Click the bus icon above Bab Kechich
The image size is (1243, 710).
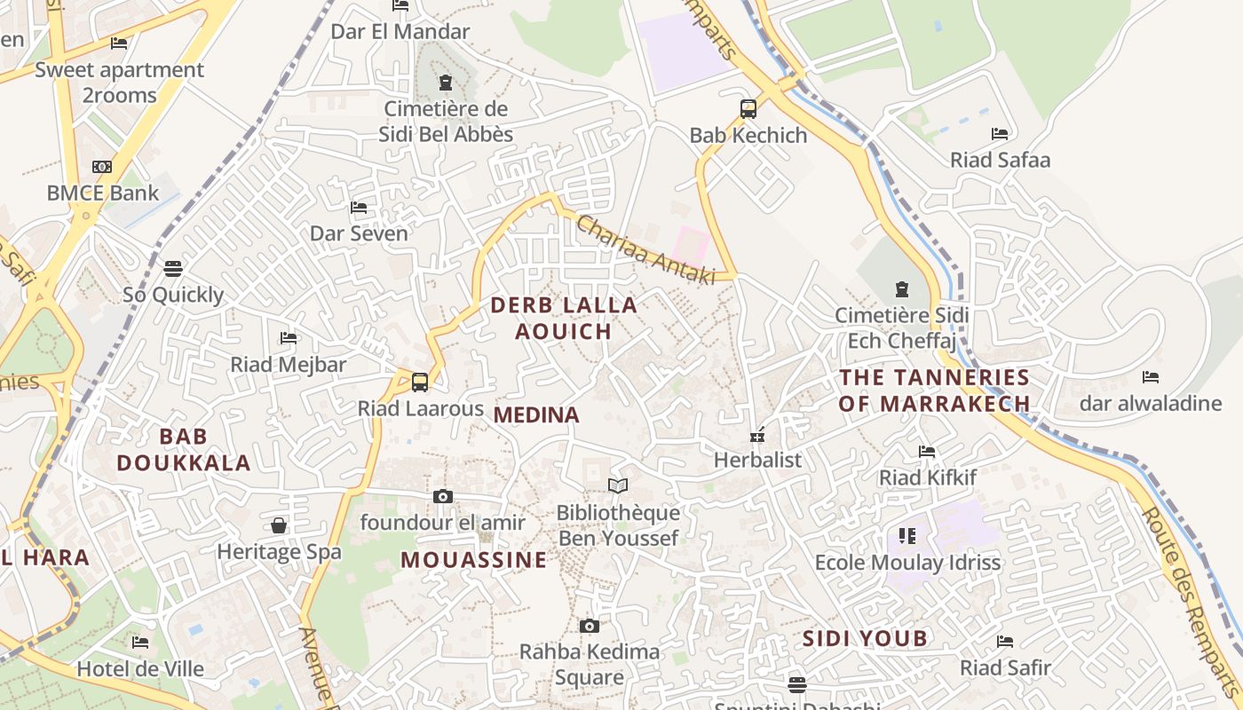748,109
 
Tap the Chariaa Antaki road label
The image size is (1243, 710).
645,250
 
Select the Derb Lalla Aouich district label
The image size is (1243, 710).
564,318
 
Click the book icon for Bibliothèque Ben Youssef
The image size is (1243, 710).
618,485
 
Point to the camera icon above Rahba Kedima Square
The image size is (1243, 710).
590,626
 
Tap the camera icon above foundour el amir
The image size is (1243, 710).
443,496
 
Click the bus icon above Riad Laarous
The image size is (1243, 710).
420,383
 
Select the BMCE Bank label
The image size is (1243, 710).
103,193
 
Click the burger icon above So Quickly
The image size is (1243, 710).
173,267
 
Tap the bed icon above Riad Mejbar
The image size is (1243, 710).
289,337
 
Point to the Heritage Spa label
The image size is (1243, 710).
279,551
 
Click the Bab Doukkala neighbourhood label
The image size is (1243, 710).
184,449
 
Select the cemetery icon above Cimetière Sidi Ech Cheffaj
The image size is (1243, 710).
902,288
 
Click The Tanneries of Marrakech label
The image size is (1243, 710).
935,390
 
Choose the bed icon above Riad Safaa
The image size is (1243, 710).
1000,134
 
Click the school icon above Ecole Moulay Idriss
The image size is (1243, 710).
907,535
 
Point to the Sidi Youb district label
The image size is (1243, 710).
865,638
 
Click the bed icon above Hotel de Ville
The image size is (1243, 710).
140,642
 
